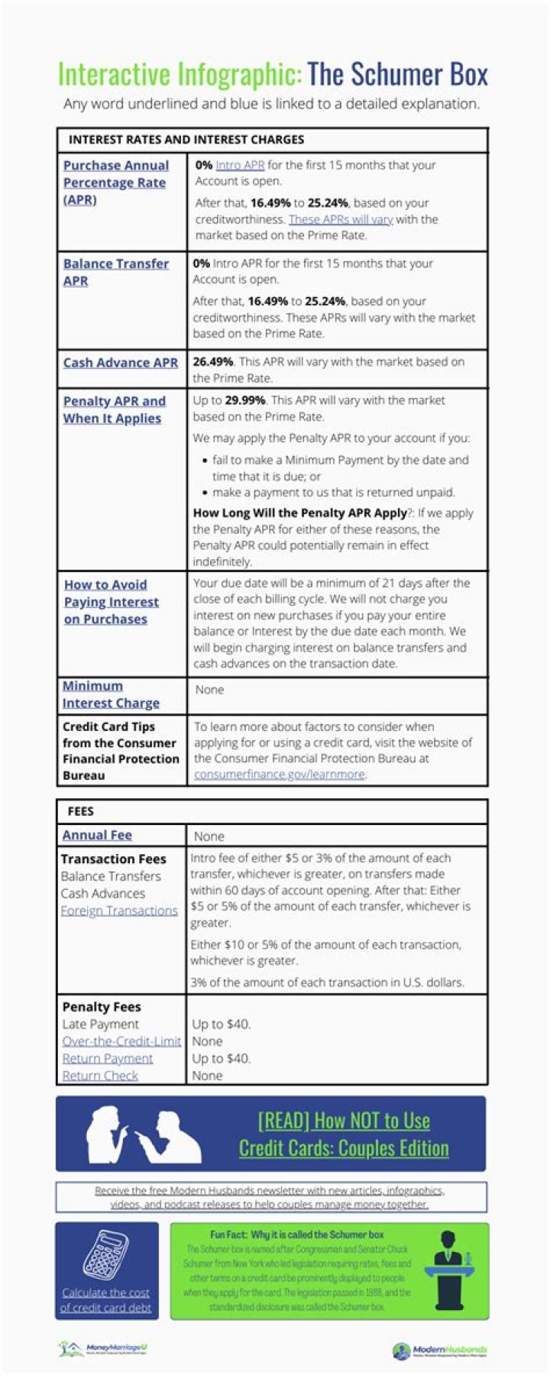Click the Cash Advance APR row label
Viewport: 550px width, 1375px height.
tap(120, 363)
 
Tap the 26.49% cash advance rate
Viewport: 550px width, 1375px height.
tap(213, 362)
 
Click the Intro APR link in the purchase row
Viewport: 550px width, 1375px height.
tap(240, 165)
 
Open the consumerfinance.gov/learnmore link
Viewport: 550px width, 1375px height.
tap(279, 775)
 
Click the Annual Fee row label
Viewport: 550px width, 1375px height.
tap(97, 836)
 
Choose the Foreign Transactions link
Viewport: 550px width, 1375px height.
tap(119, 911)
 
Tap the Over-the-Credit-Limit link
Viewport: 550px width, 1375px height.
tap(121, 1041)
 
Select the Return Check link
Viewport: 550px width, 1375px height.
tap(100, 1076)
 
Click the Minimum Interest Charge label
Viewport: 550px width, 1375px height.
tap(111, 694)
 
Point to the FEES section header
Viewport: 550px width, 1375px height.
tap(81, 811)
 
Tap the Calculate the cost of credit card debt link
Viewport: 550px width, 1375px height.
tap(106, 1300)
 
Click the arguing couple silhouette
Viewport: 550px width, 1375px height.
tap(143, 1134)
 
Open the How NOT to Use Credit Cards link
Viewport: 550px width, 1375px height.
tap(344, 1134)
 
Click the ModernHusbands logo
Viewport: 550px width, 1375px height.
tap(439, 1351)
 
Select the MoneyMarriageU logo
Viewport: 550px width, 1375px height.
tap(103, 1349)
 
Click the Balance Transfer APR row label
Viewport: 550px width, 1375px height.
tap(115, 272)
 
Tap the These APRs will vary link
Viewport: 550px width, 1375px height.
tap(341, 219)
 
